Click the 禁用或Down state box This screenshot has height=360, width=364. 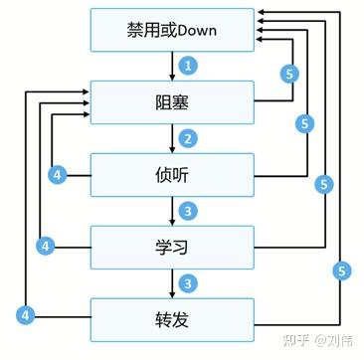171,30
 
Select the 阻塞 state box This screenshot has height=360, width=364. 171,102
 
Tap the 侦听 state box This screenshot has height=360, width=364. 171,174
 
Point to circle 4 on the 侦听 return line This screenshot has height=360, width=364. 59,175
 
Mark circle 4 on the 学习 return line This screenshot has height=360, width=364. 43,245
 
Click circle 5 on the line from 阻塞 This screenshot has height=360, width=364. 289,74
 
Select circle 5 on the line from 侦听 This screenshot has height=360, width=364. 306,124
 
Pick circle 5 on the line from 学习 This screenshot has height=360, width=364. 323,185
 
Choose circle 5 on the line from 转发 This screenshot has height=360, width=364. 340,269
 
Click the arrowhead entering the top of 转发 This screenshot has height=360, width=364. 171,293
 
